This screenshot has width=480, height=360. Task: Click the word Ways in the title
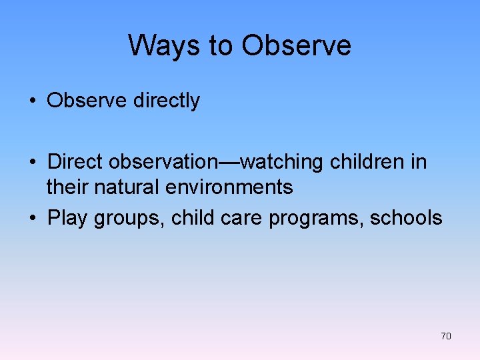pos(166,45)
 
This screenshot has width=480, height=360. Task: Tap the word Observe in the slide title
pos(296,45)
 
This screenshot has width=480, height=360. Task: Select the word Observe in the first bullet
pos(87,101)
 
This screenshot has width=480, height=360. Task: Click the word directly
pos(166,101)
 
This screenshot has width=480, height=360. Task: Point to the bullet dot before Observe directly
pos(32,101)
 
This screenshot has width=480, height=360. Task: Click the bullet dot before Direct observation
pos(32,163)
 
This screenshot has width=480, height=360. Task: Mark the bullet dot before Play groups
pos(32,219)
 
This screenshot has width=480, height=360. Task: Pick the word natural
pos(128,187)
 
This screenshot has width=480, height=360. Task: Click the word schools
pos(406,218)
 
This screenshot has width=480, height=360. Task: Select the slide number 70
pos(445,336)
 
